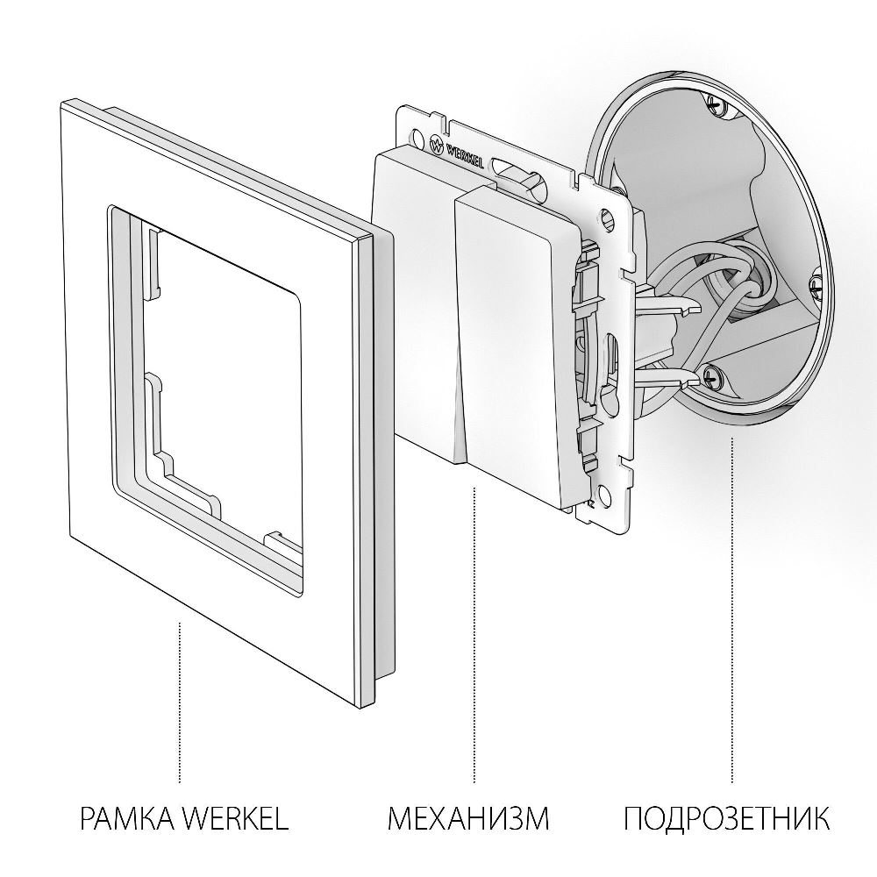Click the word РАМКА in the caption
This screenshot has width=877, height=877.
126,820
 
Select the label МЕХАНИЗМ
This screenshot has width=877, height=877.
467,820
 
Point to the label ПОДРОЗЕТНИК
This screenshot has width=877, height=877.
727,820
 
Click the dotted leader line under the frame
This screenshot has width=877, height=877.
181,702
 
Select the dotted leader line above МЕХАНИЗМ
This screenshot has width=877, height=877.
474,631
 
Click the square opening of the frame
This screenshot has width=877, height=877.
219,368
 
